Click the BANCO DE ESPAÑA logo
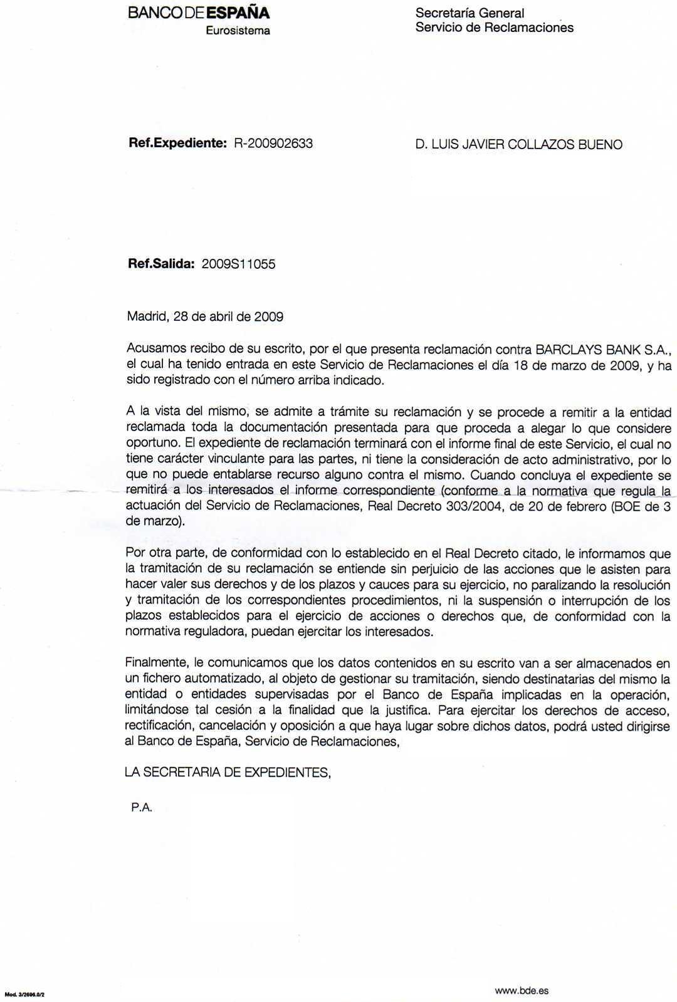(198, 13)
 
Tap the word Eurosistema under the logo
(238, 30)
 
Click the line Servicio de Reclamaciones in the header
(494, 28)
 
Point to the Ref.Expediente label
(177, 144)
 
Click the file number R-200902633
(273, 144)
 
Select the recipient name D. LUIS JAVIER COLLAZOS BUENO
(518, 145)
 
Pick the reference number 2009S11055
(238, 264)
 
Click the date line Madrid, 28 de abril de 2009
(205, 316)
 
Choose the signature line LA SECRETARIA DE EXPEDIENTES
(228, 773)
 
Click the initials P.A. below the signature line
(142, 808)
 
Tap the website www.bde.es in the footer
(522, 973)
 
